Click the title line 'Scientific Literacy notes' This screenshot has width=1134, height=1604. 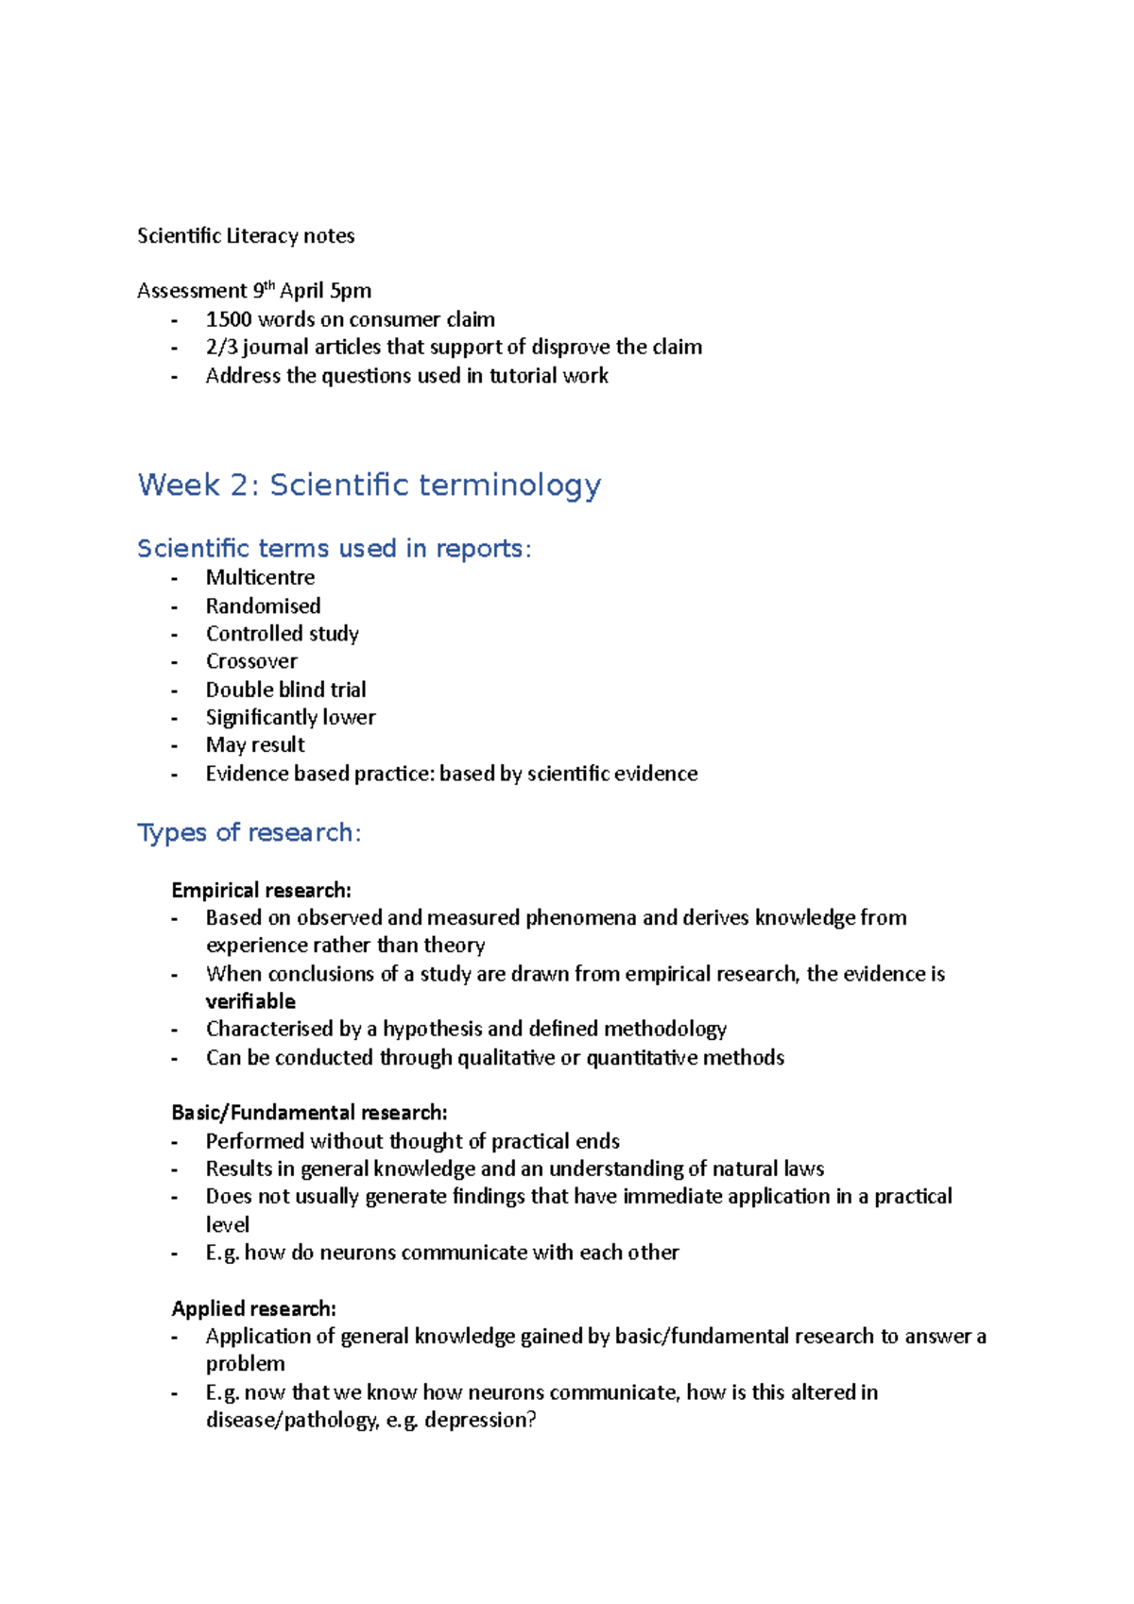246,236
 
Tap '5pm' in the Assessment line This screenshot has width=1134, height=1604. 351,291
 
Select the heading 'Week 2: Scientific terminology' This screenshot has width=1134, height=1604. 369,486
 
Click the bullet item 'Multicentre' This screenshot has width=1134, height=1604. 260,577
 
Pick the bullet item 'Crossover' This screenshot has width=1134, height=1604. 251,661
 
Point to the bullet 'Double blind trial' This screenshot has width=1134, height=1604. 285,690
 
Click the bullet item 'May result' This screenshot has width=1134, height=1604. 255,745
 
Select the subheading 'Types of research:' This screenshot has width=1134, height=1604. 249,832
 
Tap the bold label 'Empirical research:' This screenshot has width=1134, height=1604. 261,890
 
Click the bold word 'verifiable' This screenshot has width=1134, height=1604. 250,1001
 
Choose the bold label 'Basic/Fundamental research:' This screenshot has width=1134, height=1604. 309,1113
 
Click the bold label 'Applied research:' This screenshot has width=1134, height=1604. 253,1308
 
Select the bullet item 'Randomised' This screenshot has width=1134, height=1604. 263,606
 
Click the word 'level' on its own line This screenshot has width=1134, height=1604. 228,1225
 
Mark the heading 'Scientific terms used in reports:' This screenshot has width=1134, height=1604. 334,549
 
